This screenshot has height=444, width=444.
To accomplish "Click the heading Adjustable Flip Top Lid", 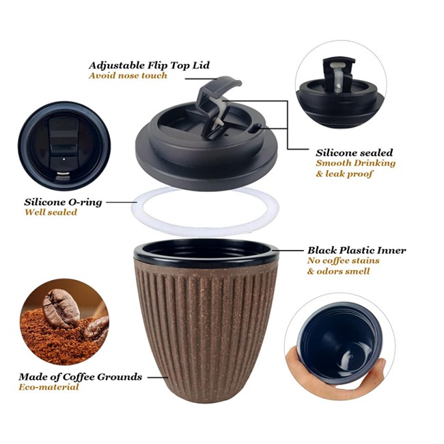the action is [x=149, y=66].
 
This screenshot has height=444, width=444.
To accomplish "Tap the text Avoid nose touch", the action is [x=128, y=76].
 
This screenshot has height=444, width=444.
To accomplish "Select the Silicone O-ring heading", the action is [x=63, y=202].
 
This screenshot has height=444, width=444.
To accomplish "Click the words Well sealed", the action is [x=51, y=212].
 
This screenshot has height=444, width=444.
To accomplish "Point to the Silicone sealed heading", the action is [x=355, y=153].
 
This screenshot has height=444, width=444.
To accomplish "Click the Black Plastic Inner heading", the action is [x=357, y=250].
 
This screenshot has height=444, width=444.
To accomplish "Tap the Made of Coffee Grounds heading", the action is [x=81, y=377].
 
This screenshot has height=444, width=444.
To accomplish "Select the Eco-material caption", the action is [x=48, y=387].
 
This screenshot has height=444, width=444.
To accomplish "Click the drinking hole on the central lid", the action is [x=257, y=127].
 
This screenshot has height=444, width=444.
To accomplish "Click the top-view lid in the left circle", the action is [x=64, y=145].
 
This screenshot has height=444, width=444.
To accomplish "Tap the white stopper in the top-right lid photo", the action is [x=337, y=76].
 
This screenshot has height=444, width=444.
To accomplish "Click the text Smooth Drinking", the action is [x=355, y=163].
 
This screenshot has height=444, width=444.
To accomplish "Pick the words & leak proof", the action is [x=344, y=174].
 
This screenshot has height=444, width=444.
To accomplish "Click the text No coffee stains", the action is [x=343, y=260].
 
